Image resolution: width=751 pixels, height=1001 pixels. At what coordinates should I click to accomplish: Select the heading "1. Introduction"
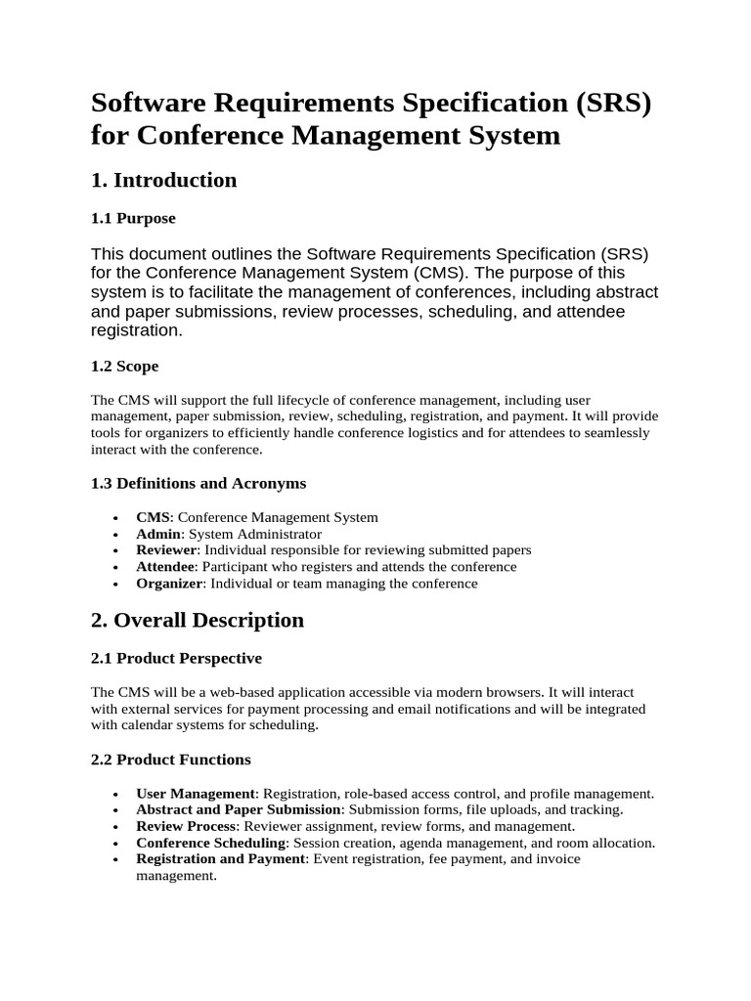coord(163,180)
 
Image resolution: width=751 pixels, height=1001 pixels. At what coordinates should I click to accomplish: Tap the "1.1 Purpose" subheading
coord(133,218)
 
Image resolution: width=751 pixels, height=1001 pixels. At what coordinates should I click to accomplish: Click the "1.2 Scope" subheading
coord(124,366)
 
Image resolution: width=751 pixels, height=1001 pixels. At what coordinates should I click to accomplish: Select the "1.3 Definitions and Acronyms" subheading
coord(199,483)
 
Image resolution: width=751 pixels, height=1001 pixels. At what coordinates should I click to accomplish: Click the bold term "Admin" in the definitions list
coord(158,534)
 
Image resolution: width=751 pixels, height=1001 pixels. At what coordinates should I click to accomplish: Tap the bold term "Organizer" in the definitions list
coord(169,584)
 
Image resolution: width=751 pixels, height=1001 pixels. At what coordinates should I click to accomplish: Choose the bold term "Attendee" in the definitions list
coord(166,567)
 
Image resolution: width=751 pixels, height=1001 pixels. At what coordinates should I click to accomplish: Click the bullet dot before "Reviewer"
coord(117,551)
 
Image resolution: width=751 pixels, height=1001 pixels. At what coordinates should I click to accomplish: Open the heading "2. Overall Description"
coord(198,620)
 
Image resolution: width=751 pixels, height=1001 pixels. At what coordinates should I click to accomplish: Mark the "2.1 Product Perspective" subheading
coord(176,658)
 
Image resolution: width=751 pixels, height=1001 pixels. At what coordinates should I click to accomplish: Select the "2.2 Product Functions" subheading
coord(171,759)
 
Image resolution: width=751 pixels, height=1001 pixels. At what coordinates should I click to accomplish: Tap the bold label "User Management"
coord(196,793)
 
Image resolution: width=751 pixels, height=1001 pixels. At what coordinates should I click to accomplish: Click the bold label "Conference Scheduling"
coord(211,843)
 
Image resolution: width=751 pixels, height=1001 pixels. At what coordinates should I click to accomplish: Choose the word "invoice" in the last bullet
coord(556,859)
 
